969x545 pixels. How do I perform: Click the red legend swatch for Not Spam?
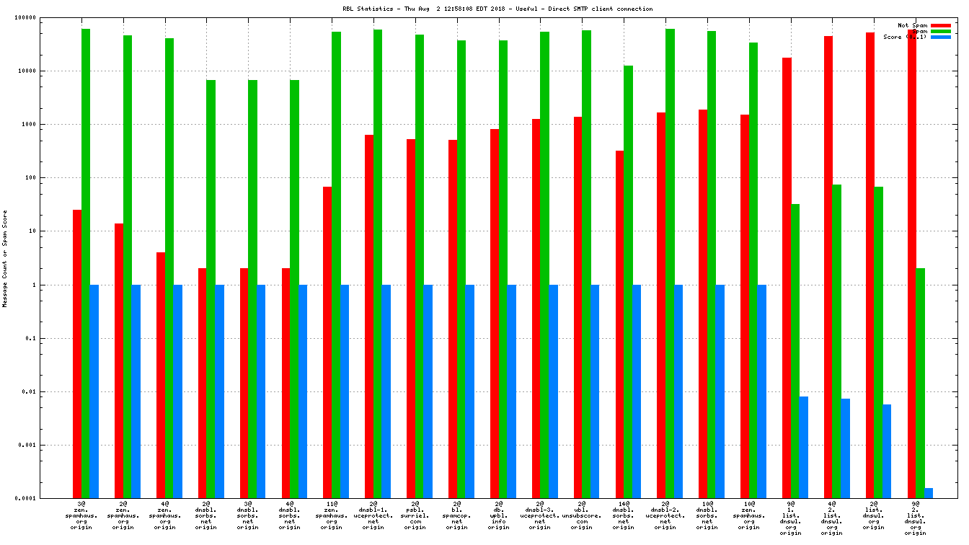pos(940,25)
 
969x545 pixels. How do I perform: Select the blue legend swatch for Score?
pos(940,37)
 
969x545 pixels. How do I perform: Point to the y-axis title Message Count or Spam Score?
pos(5,259)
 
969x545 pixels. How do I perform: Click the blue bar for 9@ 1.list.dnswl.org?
pos(803,447)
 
